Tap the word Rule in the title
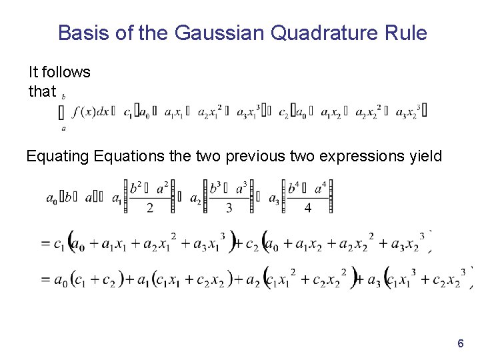click(405, 33)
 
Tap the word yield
click(424, 157)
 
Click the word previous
click(239, 157)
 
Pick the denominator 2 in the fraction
click(150, 208)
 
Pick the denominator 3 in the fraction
click(229, 208)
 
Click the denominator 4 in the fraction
click(307, 208)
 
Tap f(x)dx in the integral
click(93, 111)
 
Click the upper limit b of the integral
click(63, 97)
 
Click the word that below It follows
click(42, 91)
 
